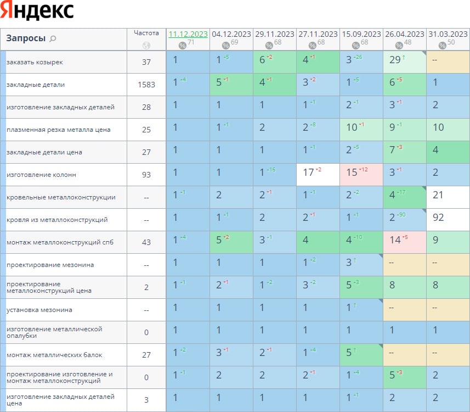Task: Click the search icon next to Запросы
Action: point(53,39)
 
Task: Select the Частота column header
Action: point(146,33)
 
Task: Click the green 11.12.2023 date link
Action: point(188,34)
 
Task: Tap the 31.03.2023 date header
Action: point(448,34)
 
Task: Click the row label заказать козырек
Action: point(35,62)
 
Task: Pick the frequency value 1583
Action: point(146,85)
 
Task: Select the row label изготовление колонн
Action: point(41,175)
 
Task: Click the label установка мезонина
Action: point(39,310)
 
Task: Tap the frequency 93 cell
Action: point(146,175)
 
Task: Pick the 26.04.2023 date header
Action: point(405,34)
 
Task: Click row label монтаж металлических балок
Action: point(54,355)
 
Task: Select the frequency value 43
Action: point(146,242)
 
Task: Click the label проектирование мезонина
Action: point(50,265)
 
